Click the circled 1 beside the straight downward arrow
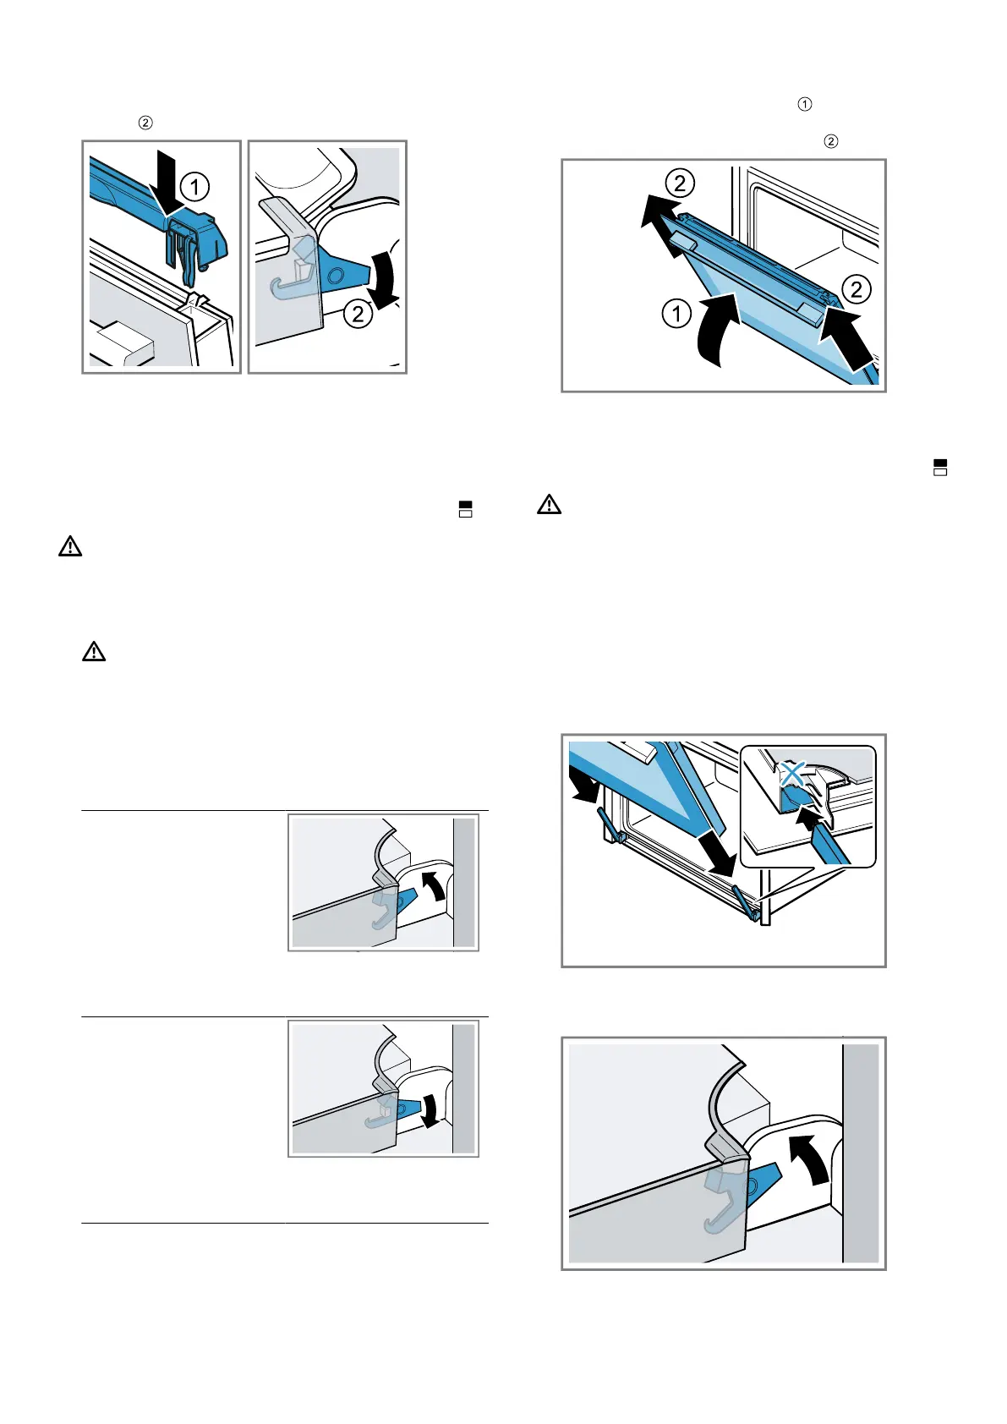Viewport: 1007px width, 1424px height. pyautogui.click(x=194, y=186)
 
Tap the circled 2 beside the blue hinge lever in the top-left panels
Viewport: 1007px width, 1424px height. pyautogui.click(x=358, y=315)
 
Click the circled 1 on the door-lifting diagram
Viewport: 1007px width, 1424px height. pyautogui.click(x=676, y=315)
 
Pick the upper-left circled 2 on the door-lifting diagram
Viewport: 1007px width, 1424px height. pyautogui.click(x=680, y=183)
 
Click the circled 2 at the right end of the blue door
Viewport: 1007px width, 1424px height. pyautogui.click(x=856, y=290)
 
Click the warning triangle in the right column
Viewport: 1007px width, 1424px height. pyautogui.click(x=549, y=506)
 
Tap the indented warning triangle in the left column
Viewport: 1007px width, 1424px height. pyautogui.click(x=94, y=651)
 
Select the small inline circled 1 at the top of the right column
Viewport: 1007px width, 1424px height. pyautogui.click(x=805, y=104)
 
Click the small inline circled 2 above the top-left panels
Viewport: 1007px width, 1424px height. pyautogui.click(x=145, y=123)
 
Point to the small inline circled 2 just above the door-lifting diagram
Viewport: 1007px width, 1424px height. pyautogui.click(x=831, y=141)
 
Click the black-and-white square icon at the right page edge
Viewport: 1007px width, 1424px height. pyautogui.click(x=940, y=468)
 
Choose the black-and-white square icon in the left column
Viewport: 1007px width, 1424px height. pyautogui.click(x=464, y=508)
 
